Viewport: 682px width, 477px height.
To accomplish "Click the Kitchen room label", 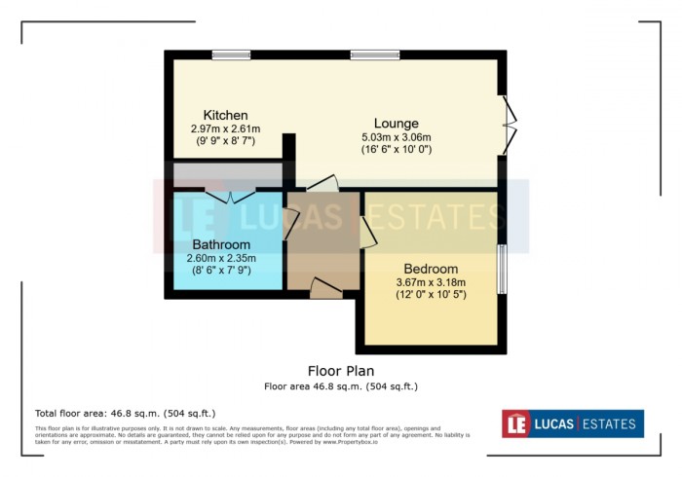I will pos(225,115).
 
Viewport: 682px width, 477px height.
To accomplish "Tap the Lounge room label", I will pos(397,124).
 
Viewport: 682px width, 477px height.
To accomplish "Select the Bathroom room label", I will pos(221,244).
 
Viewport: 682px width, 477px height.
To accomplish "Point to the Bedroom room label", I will pos(431,269).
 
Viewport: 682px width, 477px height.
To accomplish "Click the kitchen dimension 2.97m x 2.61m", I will pos(225,128).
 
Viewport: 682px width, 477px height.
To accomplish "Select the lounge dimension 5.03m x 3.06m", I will pos(396,137).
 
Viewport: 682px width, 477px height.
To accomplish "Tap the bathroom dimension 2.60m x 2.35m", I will pos(221,258).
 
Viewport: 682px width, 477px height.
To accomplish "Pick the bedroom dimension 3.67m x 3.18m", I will pos(431,282).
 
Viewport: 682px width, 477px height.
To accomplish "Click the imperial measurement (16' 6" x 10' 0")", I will pos(396,150).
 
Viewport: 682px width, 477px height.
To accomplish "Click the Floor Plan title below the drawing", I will pos(341,371).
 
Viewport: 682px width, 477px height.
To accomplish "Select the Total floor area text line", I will pos(125,414).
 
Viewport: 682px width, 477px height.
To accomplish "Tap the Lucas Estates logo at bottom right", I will pos(572,423).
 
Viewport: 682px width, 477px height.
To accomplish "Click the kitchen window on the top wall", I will pos(231,55).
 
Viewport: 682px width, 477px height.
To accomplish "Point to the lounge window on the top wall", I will pos(368,55).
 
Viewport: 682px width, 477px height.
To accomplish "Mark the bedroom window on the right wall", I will pos(503,268).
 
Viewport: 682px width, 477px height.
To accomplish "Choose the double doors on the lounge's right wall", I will pos(508,124).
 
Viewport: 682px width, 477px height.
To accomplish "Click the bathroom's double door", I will pos(231,195).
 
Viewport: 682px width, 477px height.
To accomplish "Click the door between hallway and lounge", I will pos(322,182).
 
